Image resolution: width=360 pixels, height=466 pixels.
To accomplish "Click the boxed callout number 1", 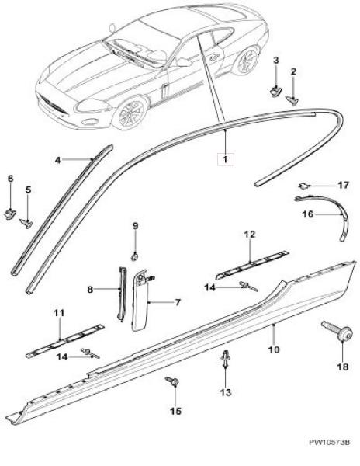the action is pos(225,159).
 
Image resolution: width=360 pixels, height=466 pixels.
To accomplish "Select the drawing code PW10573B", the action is pos(329,450).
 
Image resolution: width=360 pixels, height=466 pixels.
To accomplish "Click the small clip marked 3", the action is pos(276,90).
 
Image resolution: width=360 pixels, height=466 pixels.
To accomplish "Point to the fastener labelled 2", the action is pos(292,100).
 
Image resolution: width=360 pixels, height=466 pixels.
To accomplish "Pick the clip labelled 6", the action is pos(11,213).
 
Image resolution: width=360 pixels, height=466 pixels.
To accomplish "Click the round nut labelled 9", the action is pos(135,256).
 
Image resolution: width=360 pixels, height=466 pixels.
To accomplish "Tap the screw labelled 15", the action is pos(172,381).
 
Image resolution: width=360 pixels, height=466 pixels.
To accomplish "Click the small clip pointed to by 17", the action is pos(303,186).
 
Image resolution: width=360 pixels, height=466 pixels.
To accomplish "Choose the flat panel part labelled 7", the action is pos(140,300).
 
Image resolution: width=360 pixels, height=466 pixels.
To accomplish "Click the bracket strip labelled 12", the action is pos(252,263).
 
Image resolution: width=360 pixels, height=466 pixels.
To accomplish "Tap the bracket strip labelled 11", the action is pos(65,340).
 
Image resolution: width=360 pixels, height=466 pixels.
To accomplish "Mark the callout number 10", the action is pos(273,349).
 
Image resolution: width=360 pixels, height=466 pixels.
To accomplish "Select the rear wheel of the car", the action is pos(247,60).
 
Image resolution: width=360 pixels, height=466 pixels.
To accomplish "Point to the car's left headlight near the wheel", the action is pos(91,106).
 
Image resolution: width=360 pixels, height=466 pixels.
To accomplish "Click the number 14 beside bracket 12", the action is pos(210,287).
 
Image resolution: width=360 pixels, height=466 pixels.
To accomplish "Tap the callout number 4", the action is pos(58,160).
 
